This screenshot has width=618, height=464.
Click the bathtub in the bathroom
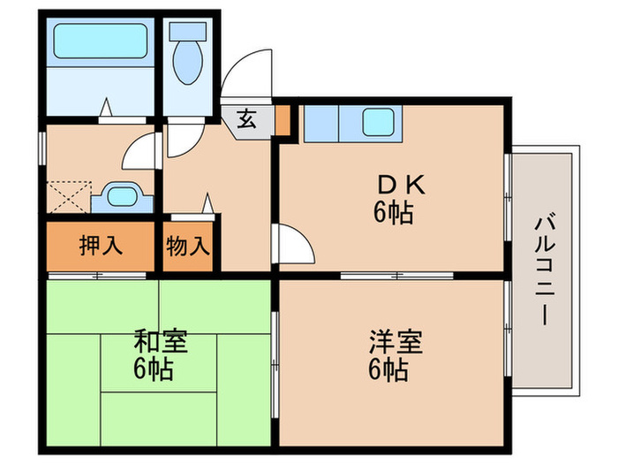[x=99, y=39]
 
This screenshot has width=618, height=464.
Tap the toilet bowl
[x=187, y=57]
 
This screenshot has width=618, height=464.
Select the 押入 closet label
[x=96, y=246]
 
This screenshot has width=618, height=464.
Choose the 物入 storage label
[x=187, y=246]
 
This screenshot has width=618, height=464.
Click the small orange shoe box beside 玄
[x=282, y=120]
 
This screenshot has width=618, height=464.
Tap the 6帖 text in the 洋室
[x=389, y=369]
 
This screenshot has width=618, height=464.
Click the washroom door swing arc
[x=141, y=152]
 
